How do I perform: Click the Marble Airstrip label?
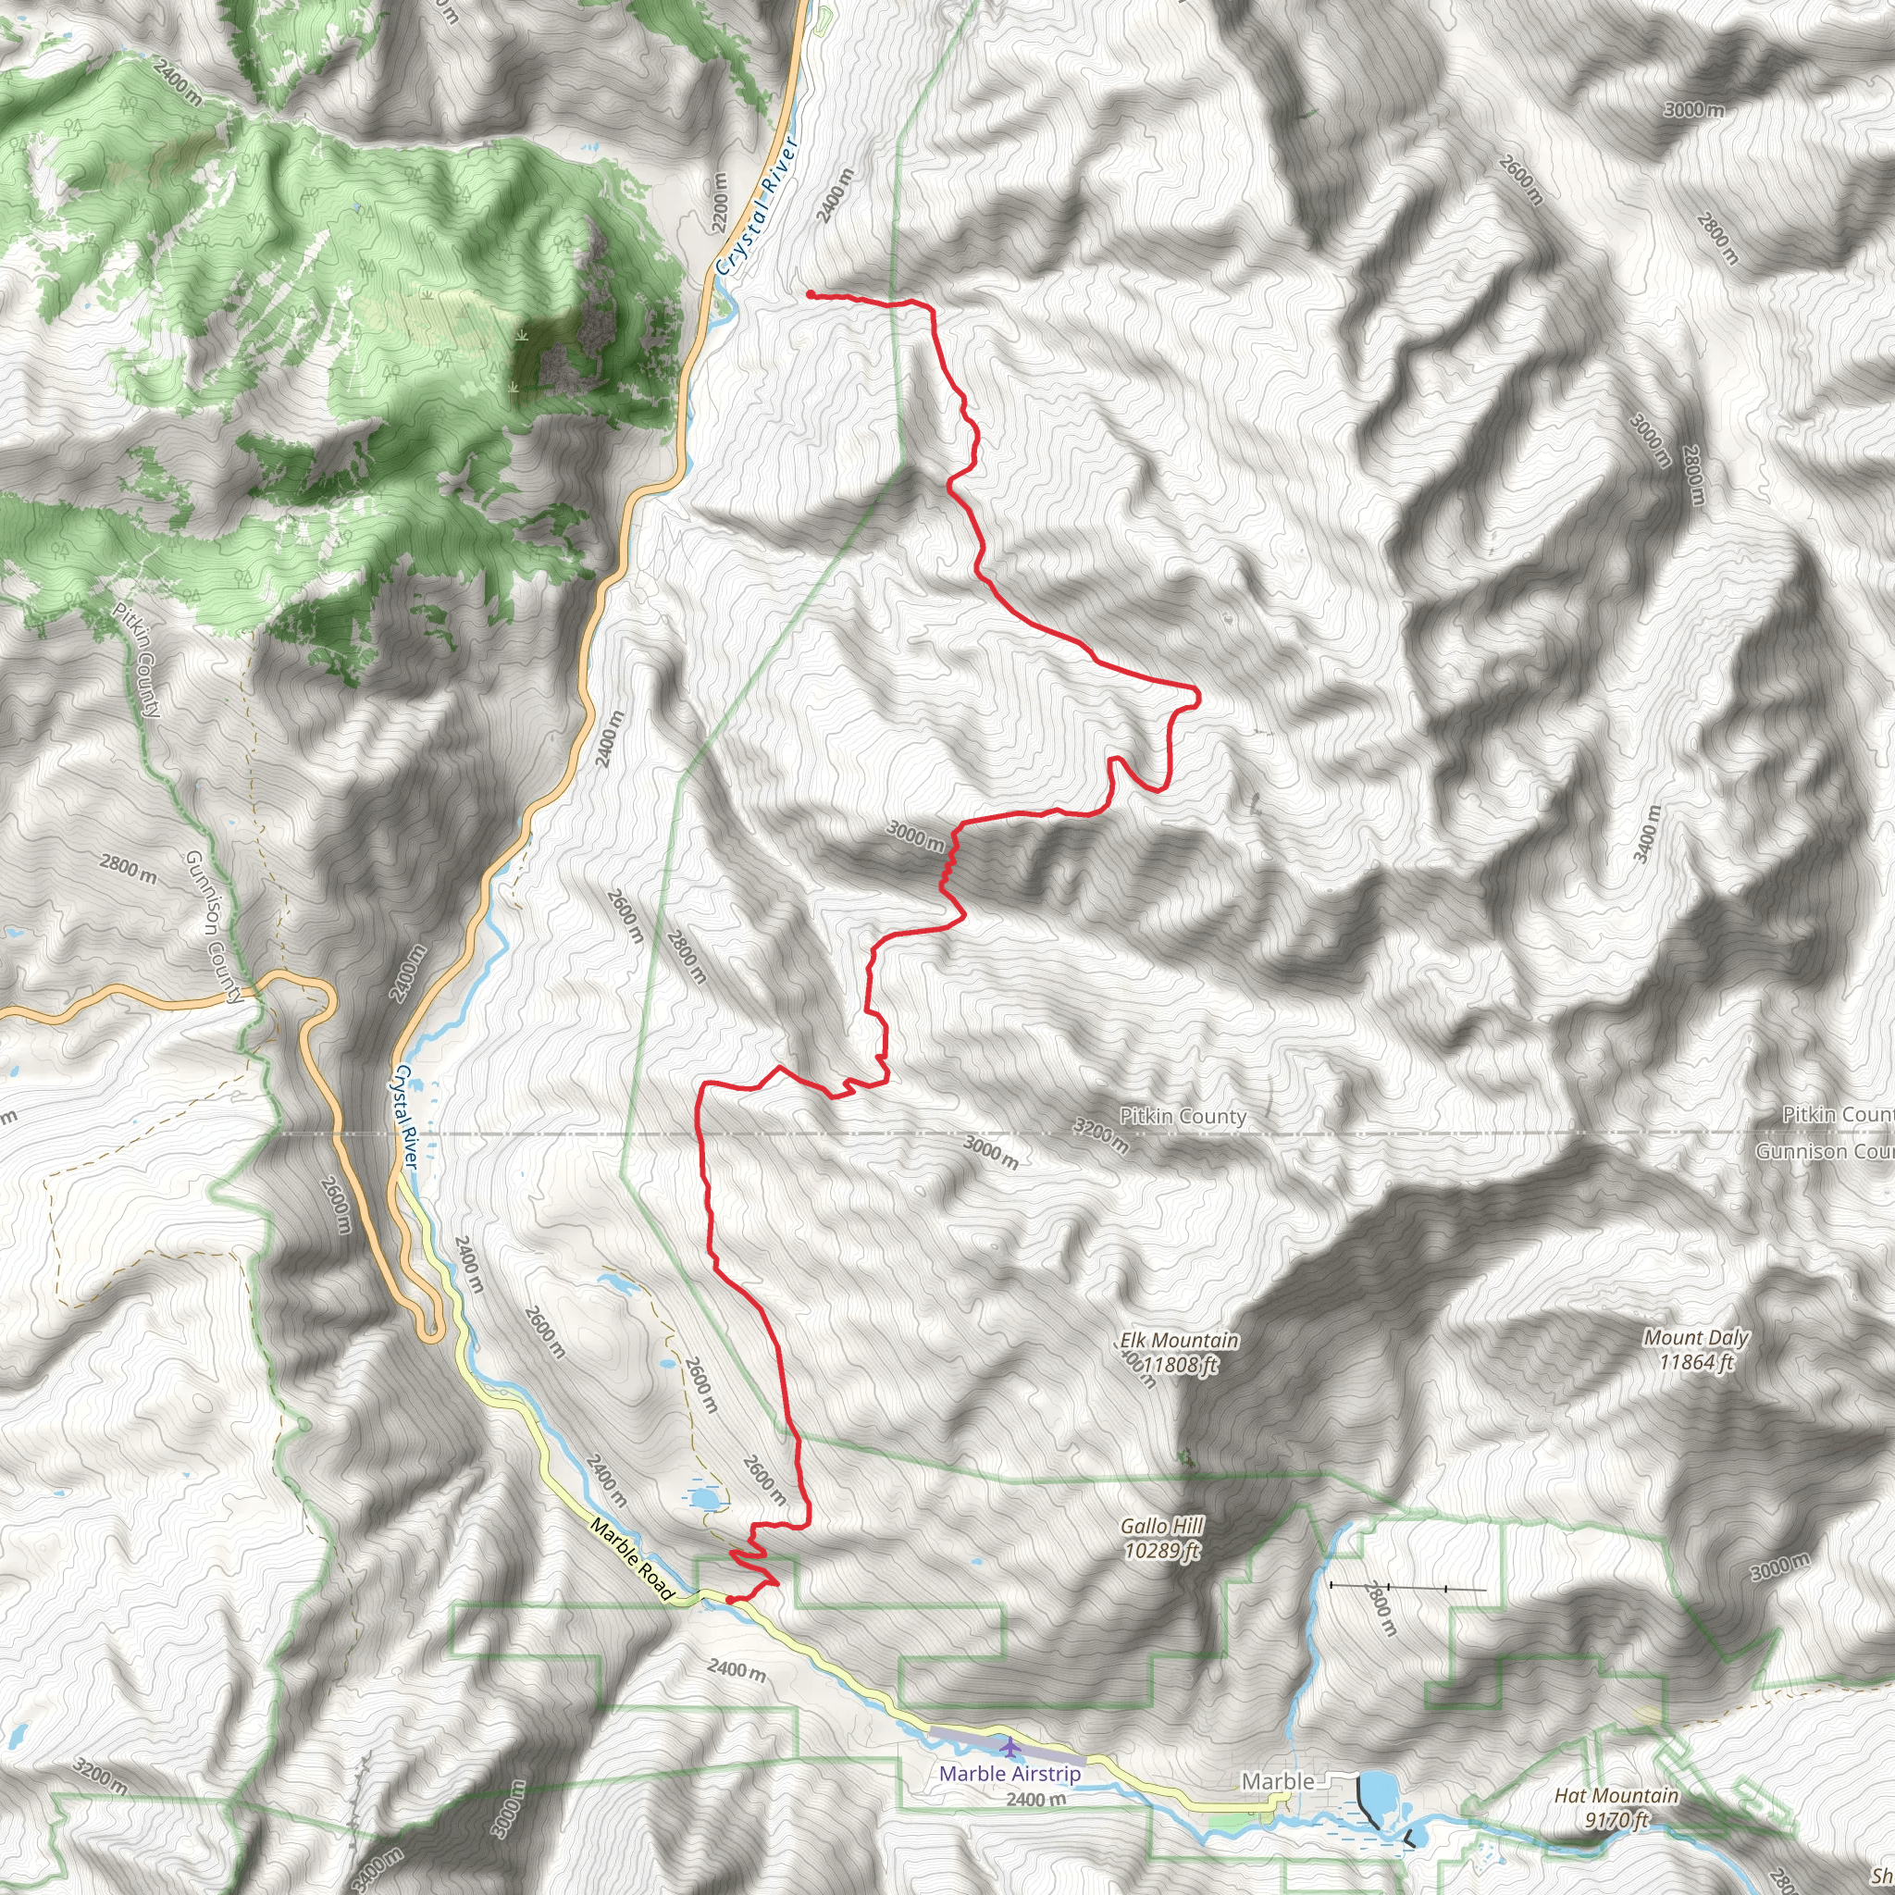1009,1774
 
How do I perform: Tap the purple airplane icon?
1009,1746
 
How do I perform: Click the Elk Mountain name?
1180,1341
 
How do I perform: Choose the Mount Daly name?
1696,1338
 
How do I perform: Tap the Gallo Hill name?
1161,1526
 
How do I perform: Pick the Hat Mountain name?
1616,1796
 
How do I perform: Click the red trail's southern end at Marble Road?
731,1601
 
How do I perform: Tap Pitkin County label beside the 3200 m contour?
1183,1116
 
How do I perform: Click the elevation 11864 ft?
1696,1362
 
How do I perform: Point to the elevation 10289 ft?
1161,1551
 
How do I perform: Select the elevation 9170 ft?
1616,1820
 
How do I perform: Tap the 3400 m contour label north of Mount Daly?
1648,834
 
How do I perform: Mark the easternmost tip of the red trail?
1197,697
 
